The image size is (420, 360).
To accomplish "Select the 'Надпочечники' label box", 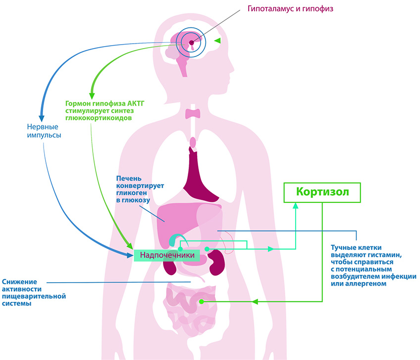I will [x=167, y=255].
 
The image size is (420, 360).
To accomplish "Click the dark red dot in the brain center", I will [x=192, y=43].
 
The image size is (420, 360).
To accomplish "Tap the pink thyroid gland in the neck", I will [x=193, y=114].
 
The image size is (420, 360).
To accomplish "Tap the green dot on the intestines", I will [x=201, y=301].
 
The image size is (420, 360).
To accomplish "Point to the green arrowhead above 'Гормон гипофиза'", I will [x=91, y=95].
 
